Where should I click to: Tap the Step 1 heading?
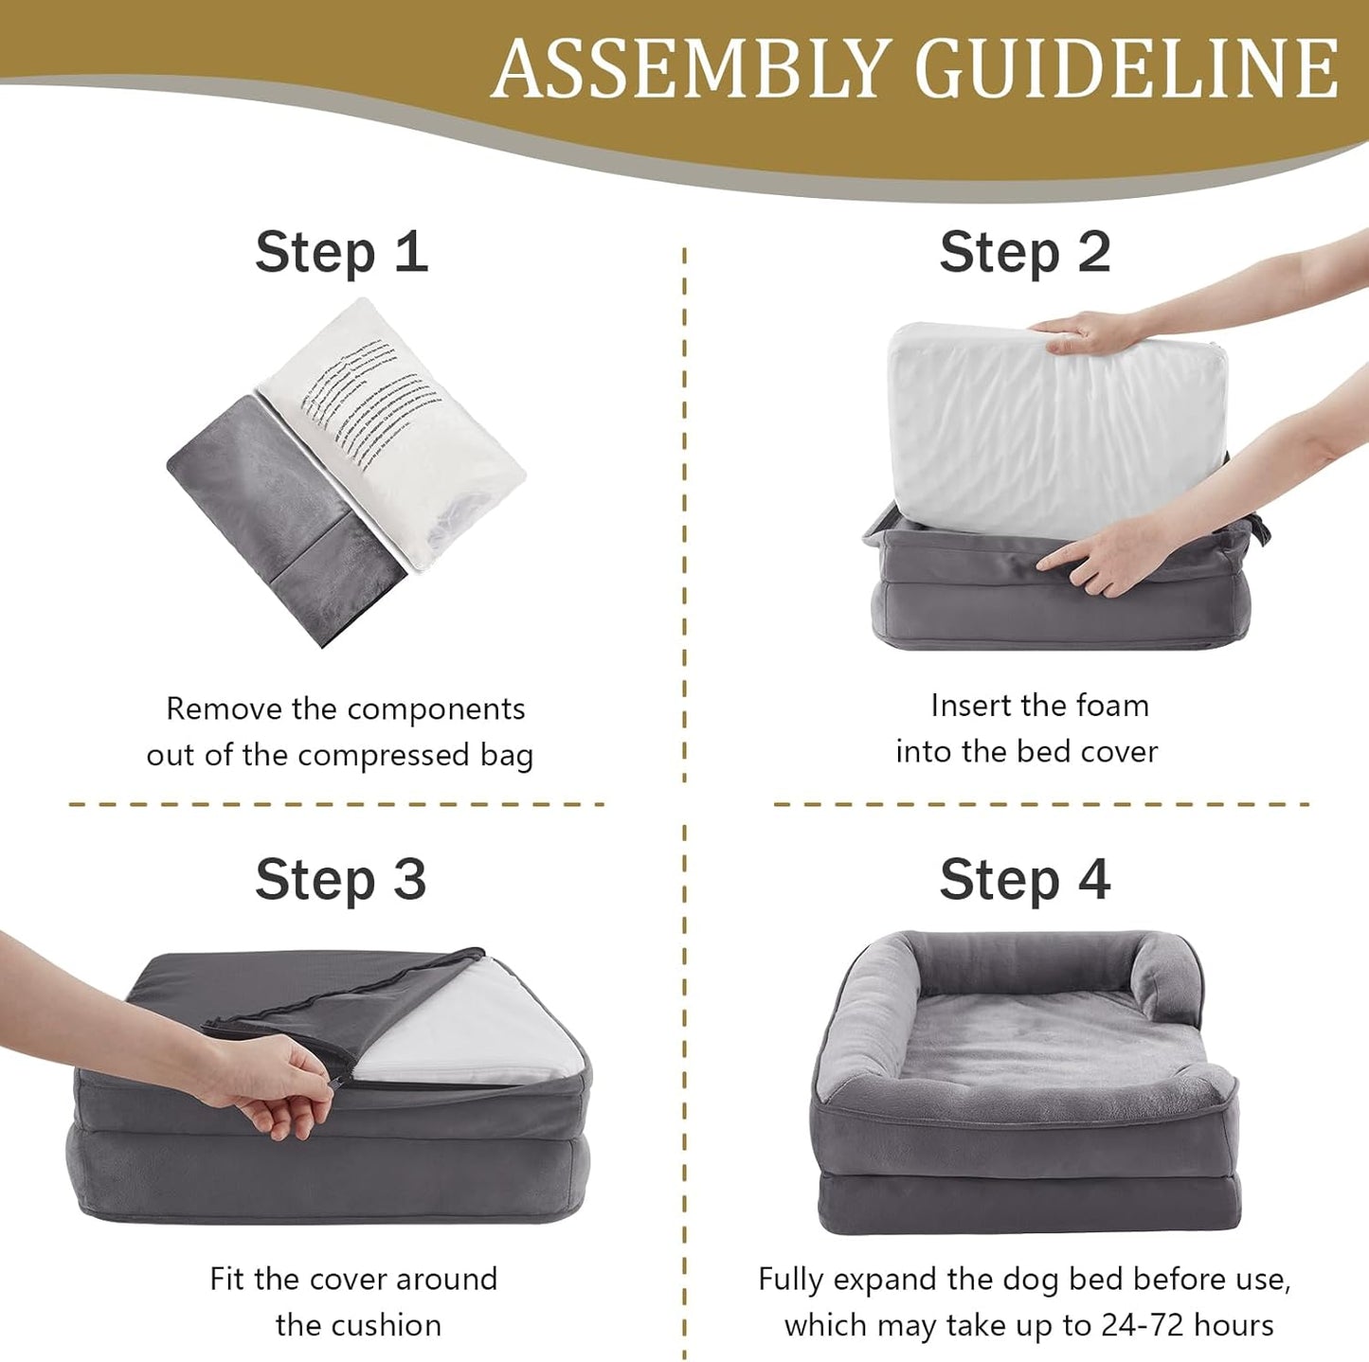click(x=341, y=253)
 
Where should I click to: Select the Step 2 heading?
click(x=1025, y=253)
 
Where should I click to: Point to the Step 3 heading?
click(x=341, y=880)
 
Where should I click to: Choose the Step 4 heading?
click(x=1025, y=880)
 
